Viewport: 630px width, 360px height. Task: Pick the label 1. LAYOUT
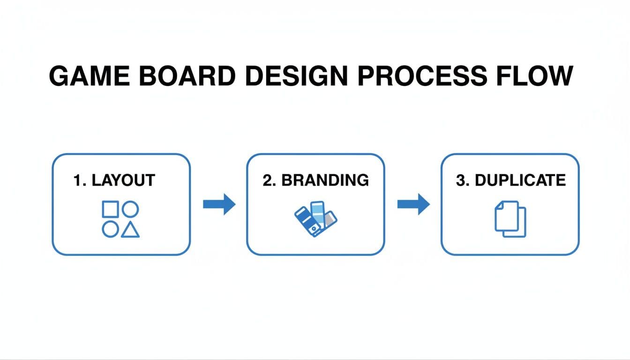114,180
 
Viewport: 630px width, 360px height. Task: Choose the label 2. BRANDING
315,180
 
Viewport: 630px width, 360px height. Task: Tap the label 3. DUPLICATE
510,180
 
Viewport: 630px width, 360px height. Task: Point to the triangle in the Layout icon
130,230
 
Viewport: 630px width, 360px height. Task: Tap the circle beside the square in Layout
130,209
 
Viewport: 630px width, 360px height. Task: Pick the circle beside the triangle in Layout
110,229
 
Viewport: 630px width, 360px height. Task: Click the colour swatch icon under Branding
315,218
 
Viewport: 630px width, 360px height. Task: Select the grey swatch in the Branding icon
330,218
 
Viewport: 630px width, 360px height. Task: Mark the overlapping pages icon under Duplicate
510,219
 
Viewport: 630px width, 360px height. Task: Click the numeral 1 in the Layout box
77,180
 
